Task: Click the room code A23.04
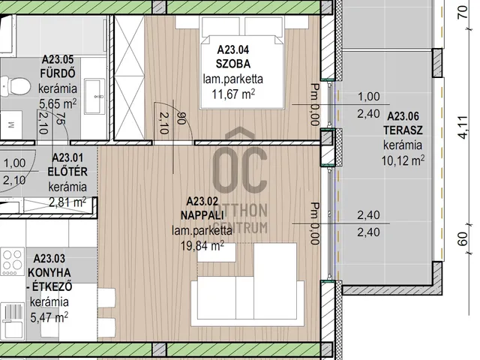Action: click(233, 49)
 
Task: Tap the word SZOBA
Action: click(233, 64)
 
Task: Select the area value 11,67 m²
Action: click(233, 94)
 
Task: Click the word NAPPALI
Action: click(202, 215)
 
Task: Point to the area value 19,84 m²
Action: click(202, 245)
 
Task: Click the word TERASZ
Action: click(403, 130)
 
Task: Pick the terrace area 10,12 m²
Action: click(403, 160)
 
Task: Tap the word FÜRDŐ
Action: click(58, 73)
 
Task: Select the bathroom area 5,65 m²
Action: click(58, 103)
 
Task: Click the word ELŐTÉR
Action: click(67, 172)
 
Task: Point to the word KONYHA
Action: click(49, 272)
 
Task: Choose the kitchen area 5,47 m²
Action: click(49, 317)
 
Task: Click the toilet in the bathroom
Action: click(15, 86)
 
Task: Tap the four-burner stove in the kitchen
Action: click(13, 262)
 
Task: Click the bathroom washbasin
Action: click(94, 96)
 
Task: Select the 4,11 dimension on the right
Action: click(463, 127)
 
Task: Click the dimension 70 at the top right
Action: click(463, 12)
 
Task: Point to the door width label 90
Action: click(181, 118)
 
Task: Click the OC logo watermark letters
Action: click(240, 170)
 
